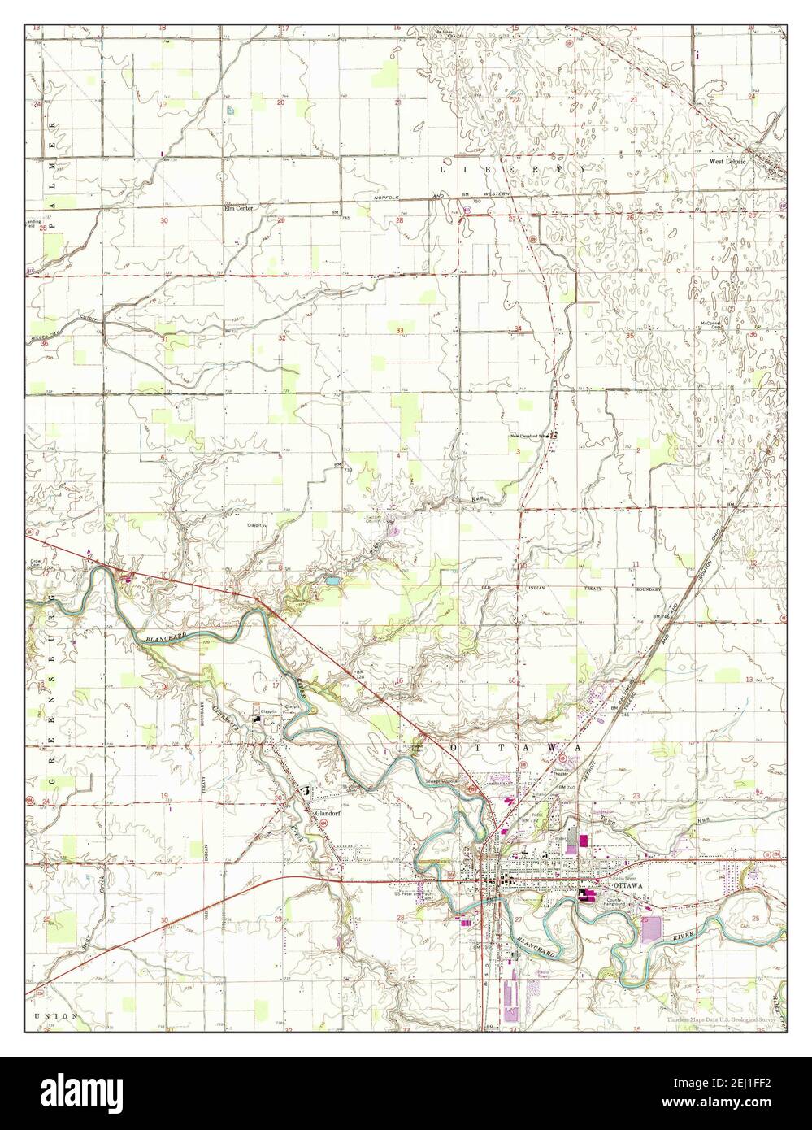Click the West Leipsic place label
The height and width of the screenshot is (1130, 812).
[x=727, y=162]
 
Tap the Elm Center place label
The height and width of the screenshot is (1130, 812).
[x=238, y=207]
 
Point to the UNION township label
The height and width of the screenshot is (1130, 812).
[x=56, y=1016]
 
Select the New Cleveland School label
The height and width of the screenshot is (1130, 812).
[x=529, y=436]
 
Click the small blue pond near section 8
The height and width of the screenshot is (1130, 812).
[x=332, y=581]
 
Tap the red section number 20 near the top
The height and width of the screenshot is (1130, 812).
[x=280, y=103]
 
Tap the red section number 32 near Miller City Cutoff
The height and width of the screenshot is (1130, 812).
[x=281, y=337]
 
